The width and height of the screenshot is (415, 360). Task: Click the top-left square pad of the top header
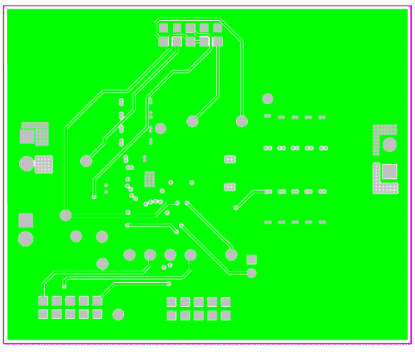coord(164,29)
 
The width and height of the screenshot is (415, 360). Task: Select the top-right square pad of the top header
coord(218,29)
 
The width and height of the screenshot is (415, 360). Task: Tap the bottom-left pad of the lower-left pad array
coord(43,315)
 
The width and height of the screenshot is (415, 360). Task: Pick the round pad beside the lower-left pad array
coord(118,315)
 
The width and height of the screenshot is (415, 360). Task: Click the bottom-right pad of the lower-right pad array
coord(225,315)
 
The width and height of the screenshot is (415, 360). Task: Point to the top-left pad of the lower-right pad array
coord(171,301)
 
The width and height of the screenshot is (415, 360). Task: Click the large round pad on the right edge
coord(390,144)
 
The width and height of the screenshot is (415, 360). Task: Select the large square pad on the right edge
coord(390,171)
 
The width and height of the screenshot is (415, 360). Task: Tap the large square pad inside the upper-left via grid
coord(28,136)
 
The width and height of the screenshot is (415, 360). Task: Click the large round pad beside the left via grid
coord(26,163)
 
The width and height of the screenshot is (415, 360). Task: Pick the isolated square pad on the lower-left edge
coord(25,220)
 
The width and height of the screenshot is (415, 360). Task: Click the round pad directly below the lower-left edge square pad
coord(25,239)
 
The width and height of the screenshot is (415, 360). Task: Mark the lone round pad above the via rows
coord(268,99)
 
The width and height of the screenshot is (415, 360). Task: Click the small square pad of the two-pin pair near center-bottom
coord(251,260)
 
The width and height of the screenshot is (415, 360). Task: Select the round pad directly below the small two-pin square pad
coord(251,273)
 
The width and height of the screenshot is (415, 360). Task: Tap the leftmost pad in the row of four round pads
coord(130,255)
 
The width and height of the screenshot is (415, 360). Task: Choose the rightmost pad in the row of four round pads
coord(191,255)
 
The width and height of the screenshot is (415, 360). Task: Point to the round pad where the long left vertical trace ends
coord(66,215)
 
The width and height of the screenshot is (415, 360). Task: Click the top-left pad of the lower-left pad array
coord(43,301)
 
